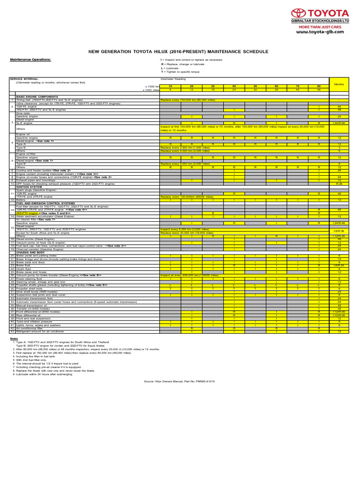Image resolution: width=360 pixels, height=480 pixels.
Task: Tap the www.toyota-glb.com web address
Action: (x=322, y=32)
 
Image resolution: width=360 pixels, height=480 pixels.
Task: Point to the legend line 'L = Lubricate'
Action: (x=169, y=68)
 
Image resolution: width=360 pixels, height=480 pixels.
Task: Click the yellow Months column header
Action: (x=338, y=84)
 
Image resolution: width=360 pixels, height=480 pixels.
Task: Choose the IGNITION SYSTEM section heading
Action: (x=29, y=186)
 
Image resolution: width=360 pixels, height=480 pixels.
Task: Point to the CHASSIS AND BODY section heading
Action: (x=32, y=252)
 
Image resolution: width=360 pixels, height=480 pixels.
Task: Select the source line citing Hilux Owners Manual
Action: (x=180, y=382)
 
